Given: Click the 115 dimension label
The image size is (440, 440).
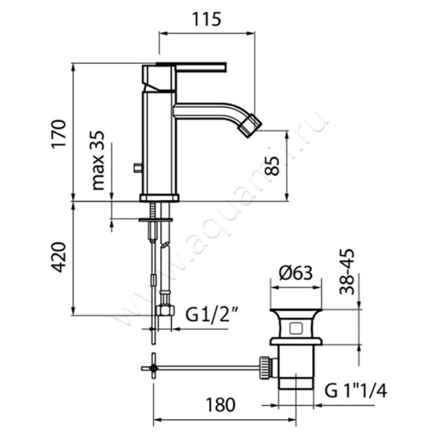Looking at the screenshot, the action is [207, 19].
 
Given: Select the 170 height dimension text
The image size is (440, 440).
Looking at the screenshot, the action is [59, 133].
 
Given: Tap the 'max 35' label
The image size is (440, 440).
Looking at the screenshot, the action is [98, 160].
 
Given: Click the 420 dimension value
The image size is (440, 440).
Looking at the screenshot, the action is [59, 257].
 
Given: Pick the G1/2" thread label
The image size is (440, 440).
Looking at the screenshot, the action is [212, 315].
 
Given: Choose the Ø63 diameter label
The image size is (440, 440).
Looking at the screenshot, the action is [296, 272].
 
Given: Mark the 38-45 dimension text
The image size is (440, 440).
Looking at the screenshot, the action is [347, 272].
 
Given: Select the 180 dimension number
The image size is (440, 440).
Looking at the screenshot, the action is [221, 405].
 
